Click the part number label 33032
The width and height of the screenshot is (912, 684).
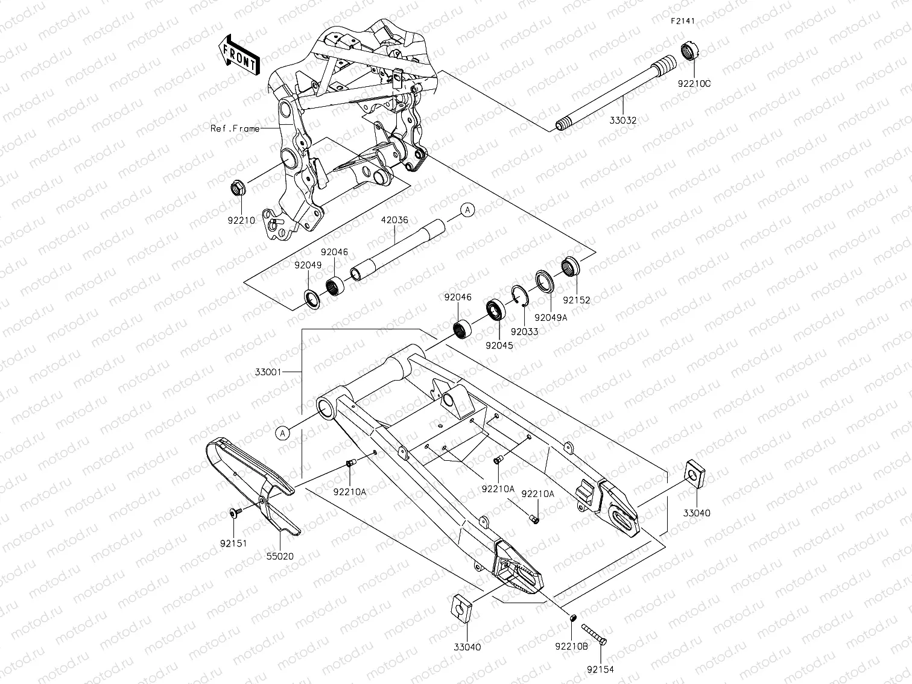coord(622,120)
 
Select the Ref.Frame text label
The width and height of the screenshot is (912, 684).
coord(235,128)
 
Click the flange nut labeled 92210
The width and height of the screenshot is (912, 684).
coord(238,189)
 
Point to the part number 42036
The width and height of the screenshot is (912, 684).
coord(394,220)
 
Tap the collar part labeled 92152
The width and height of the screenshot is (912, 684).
coord(571,266)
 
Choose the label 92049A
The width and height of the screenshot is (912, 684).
coord(550,317)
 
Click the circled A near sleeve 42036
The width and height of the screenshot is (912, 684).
coord(467,210)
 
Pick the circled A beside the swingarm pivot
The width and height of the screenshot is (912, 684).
coord(282,431)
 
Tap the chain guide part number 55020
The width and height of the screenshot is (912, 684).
coord(279,556)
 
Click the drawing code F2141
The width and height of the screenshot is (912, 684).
coord(683,21)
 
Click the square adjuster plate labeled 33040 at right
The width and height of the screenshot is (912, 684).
coord(695,475)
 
